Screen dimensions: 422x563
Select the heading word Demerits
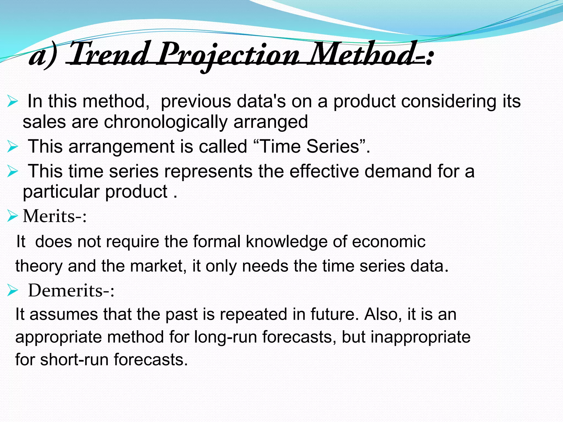point(65,290)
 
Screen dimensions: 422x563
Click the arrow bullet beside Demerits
point(13,290)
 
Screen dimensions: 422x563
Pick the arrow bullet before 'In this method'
point(13,101)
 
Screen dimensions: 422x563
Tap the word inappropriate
point(420,337)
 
